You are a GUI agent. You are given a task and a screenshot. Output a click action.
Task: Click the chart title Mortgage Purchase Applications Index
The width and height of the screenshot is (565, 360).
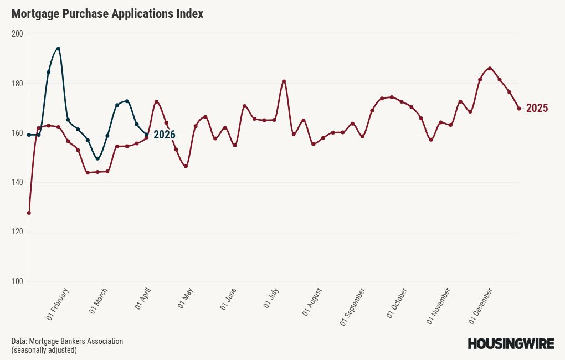click(107, 14)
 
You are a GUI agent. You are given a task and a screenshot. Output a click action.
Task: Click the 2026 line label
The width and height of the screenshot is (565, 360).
click(164, 135)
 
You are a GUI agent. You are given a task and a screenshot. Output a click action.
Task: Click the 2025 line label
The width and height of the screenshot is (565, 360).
click(537, 108)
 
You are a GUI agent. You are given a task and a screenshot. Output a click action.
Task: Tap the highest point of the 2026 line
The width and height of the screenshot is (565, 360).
click(58, 49)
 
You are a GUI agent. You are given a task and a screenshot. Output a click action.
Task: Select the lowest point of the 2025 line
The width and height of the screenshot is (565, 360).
click(29, 213)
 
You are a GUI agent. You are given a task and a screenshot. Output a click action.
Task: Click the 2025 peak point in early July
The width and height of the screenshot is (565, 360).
click(284, 81)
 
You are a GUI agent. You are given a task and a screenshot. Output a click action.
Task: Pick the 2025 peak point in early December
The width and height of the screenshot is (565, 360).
click(490, 69)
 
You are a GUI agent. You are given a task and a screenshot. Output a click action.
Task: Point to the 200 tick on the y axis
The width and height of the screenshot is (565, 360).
click(17, 34)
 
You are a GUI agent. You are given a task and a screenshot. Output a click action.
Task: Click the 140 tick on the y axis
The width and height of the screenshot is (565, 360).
click(17, 182)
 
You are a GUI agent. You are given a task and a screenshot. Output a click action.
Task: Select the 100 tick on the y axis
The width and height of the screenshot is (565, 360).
click(17, 281)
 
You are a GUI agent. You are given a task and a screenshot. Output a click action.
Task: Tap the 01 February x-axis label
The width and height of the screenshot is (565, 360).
click(57, 304)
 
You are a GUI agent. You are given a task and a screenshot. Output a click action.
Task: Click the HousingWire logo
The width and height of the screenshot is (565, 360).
click(511, 344)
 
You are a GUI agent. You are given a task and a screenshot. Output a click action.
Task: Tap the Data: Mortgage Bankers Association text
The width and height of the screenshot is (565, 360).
click(67, 341)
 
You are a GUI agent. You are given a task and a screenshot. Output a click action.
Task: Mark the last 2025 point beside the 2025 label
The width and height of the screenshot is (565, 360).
click(519, 109)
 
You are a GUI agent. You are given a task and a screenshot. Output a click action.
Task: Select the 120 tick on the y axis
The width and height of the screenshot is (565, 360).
click(17, 232)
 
